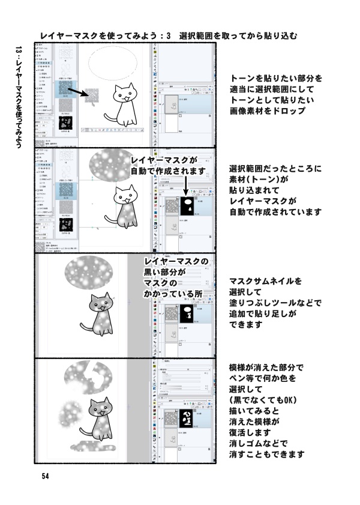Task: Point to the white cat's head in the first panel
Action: pos(125,95)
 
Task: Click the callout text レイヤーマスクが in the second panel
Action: pos(163,160)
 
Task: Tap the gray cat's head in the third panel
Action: pos(100,304)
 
